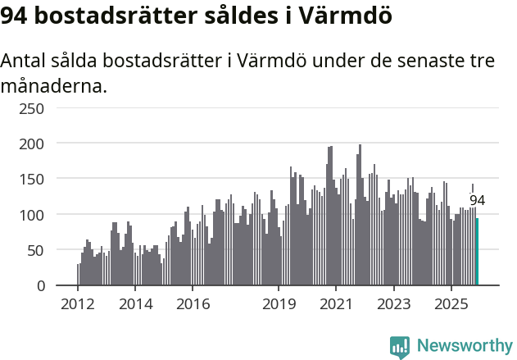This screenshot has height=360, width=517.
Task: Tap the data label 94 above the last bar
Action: tap(477, 201)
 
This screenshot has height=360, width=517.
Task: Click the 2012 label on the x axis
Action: tap(78, 303)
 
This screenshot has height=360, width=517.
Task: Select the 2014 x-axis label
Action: tap(135, 303)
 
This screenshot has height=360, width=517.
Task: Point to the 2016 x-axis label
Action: tap(193, 303)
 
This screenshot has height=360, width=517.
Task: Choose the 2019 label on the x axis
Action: tap(279, 303)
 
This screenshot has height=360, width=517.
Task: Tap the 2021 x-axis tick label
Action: tap(336, 303)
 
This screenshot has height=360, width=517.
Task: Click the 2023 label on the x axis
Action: tap(393, 303)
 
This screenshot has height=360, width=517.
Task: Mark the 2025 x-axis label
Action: tap(451, 303)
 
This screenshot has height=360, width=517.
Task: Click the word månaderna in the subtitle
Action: tap(54, 84)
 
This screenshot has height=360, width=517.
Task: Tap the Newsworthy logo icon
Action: tap(400, 346)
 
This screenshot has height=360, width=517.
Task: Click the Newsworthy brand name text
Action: tap(465, 346)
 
